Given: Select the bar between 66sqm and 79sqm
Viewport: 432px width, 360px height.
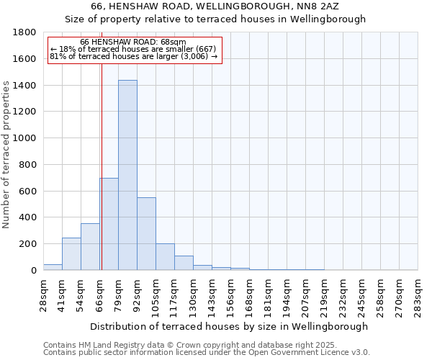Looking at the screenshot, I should coord(109,224).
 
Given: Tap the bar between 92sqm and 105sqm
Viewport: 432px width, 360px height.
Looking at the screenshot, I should coord(146,234).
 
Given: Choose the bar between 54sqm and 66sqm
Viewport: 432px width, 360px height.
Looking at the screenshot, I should coord(90,247).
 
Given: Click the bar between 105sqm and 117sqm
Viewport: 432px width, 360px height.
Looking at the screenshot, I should coord(165,257).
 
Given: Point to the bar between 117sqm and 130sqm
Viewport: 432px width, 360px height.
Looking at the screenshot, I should coord(184,263).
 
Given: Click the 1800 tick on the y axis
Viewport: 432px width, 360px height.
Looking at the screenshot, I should coord(26,32).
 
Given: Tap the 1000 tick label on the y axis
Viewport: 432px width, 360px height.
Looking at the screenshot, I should coord(26,138).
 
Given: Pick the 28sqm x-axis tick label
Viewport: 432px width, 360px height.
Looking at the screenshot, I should coord(43,295).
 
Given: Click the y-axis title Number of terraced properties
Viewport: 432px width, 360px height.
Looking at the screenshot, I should coord(7,155).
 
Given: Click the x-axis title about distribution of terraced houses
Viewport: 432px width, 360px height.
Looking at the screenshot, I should coord(229,326).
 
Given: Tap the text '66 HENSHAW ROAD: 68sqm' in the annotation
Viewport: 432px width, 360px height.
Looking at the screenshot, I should coord(133,42).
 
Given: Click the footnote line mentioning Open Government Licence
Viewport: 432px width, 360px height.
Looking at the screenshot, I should coord(207,352).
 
